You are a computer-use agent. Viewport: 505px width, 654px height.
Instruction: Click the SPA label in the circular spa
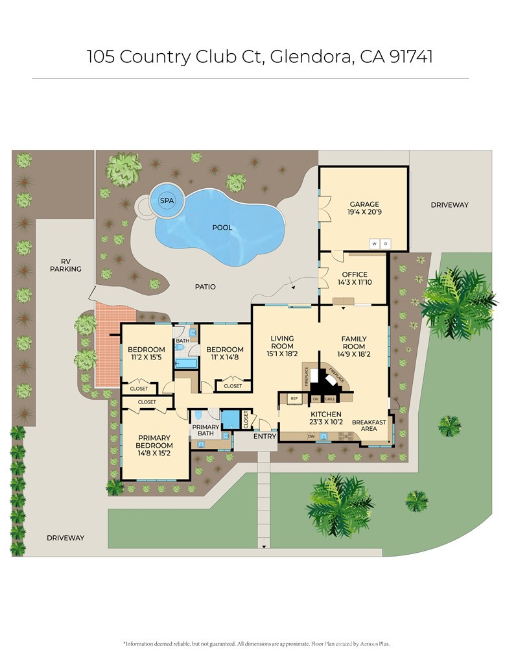(167, 200)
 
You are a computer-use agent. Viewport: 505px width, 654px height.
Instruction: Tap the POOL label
(222, 228)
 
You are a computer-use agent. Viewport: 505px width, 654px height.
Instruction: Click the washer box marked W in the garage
(374, 244)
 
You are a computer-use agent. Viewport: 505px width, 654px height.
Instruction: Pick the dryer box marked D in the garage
(386, 244)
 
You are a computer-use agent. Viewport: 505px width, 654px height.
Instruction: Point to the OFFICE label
(354, 274)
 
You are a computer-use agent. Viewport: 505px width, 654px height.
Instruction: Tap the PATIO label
(205, 286)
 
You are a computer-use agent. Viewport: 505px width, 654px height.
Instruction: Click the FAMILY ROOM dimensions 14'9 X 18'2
(354, 354)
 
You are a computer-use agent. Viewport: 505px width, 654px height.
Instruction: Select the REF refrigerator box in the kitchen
(294, 398)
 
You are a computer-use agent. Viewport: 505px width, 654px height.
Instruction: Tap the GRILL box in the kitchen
(329, 398)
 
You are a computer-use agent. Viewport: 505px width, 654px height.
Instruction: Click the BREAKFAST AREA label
(369, 425)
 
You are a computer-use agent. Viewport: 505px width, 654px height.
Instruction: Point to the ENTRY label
(264, 436)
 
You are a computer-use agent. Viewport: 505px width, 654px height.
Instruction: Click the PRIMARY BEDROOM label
(154, 441)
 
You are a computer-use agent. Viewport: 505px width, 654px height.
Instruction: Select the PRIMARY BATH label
(206, 430)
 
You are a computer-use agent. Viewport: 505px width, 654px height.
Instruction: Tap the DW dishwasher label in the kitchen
(312, 437)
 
